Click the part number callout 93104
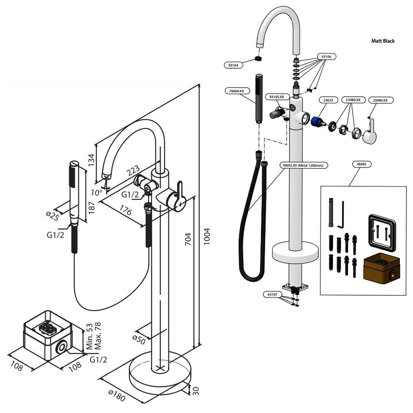(x=233, y=65)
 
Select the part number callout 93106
(x=326, y=56)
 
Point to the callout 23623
(x=328, y=100)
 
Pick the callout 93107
(x=272, y=294)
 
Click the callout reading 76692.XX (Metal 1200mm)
(x=304, y=165)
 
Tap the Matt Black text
(x=383, y=41)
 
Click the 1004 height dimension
(x=206, y=236)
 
